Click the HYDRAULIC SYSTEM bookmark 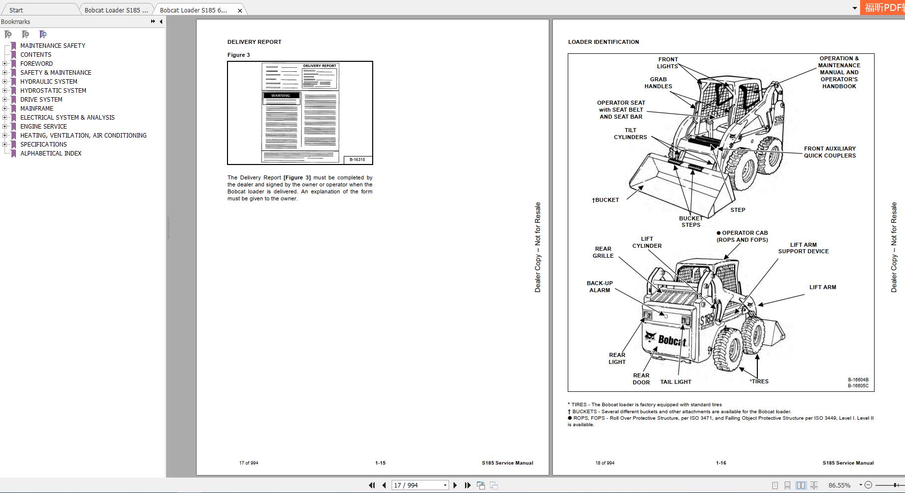48,82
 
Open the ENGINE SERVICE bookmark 43,127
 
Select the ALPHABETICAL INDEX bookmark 50,154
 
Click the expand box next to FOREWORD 5,64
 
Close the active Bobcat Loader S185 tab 239,10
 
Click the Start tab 16,10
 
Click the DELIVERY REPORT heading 254,42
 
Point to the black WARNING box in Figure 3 281,95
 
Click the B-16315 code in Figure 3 357,160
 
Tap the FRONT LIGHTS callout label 668,63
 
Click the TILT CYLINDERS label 630,134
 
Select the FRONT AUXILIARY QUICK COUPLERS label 830,152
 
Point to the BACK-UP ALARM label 600,287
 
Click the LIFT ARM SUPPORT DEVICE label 803,248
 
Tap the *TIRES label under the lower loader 759,381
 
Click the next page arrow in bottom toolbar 455,485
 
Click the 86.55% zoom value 840,485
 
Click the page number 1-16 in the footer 721,463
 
